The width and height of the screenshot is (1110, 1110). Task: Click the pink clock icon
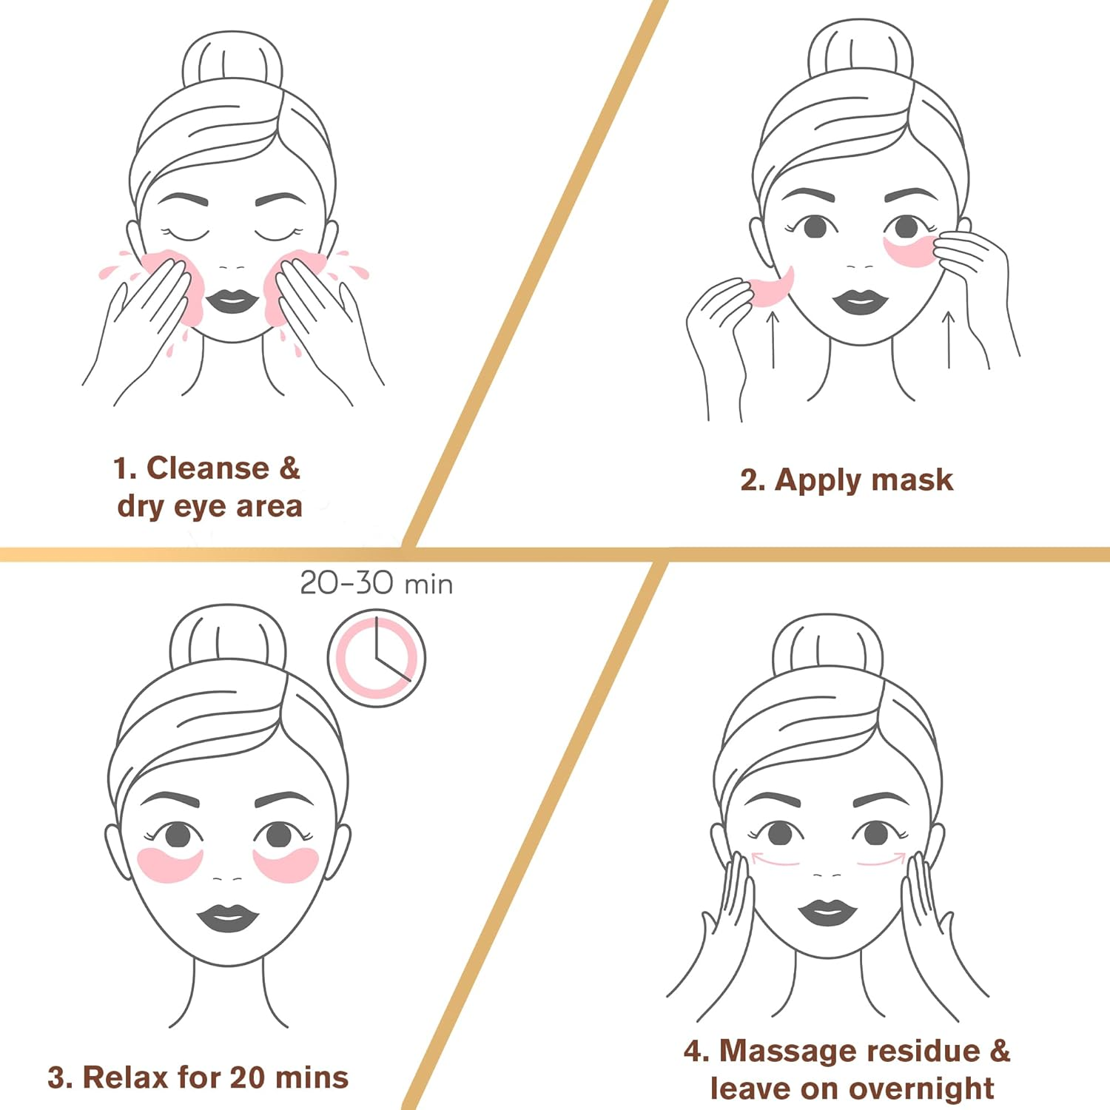click(x=377, y=658)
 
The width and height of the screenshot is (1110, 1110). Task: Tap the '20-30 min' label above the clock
click(x=376, y=584)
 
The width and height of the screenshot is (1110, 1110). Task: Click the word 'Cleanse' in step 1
click(x=208, y=468)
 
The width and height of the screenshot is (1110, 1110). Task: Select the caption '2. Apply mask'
click(x=846, y=480)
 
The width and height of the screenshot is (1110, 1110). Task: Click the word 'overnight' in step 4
click(x=921, y=1088)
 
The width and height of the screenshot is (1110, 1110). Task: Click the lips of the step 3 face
click(x=228, y=918)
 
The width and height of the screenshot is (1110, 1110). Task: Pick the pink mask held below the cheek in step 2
click(x=771, y=288)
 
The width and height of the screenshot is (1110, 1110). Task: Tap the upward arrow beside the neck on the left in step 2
click(x=773, y=340)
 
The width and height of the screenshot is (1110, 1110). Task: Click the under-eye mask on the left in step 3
click(x=170, y=864)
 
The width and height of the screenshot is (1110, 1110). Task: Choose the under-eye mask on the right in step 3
click(x=286, y=864)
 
